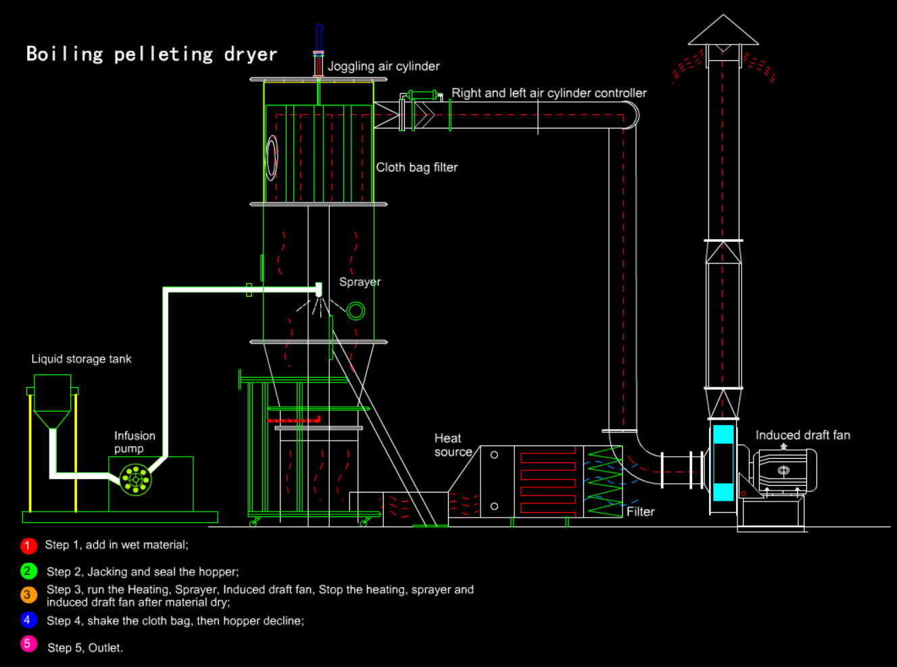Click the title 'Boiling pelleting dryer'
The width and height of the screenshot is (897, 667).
[151, 54]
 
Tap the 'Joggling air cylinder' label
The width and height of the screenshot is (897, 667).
[383, 66]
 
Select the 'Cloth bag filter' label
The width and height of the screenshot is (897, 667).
[416, 168]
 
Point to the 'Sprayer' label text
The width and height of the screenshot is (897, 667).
[360, 282]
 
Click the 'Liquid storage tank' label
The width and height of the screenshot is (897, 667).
[81, 359]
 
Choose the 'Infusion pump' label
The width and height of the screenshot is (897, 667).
[134, 442]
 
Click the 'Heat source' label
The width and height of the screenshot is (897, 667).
[453, 445]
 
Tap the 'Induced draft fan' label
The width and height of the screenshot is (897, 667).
[802, 435]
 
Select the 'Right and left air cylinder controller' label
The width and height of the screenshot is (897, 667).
[549, 93]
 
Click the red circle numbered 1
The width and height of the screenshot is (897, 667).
[28, 545]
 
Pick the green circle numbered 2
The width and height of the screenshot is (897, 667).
[28, 572]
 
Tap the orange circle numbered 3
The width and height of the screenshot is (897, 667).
[28, 595]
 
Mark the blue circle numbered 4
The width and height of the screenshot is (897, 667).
[28, 620]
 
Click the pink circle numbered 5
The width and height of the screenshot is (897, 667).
[28, 644]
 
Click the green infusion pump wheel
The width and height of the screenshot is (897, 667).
[135, 480]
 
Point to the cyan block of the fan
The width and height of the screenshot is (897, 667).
[723, 463]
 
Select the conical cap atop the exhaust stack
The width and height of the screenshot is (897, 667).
[723, 31]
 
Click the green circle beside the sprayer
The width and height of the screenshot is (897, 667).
[356, 311]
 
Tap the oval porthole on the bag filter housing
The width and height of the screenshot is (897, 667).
[272, 157]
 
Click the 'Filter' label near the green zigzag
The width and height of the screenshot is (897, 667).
[640, 512]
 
